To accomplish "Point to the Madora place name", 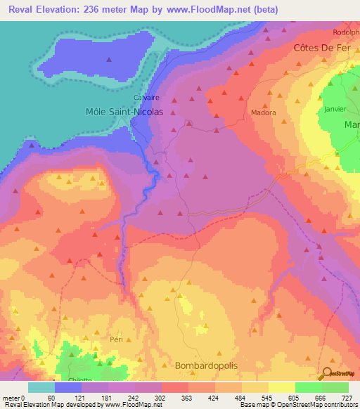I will [264, 112].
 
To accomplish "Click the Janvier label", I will [337, 109].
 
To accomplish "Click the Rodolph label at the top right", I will [347, 32].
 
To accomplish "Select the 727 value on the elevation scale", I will [347, 398].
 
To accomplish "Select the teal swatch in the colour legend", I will [41, 387].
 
